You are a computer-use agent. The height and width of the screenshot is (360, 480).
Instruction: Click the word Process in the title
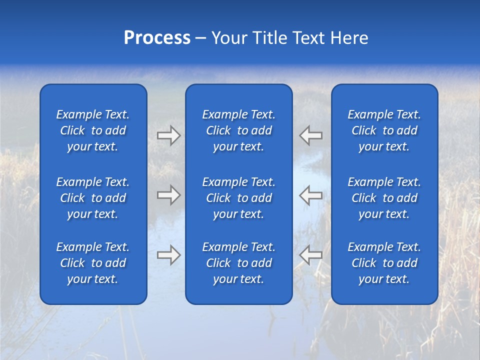pyautogui.click(x=157, y=38)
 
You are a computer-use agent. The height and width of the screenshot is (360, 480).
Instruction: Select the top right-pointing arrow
pyautogui.click(x=168, y=135)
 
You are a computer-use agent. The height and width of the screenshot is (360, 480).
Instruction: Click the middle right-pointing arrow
pyautogui.click(x=168, y=195)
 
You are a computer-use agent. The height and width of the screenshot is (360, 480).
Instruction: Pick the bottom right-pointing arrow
pyautogui.click(x=168, y=255)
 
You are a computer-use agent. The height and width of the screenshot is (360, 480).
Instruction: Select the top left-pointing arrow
pyautogui.click(x=311, y=135)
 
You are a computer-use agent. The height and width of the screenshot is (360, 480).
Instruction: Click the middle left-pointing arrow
pyautogui.click(x=311, y=195)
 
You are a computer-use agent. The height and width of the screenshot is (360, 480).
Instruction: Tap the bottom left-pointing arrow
pyautogui.click(x=311, y=255)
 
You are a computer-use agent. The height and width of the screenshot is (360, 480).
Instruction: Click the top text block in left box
pyautogui.click(x=93, y=130)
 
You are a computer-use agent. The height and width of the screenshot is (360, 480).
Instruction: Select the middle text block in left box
pyautogui.click(x=93, y=198)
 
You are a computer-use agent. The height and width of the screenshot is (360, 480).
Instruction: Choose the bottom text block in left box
pyautogui.click(x=93, y=263)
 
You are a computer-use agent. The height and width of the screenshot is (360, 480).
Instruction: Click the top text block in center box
pyautogui.click(x=239, y=130)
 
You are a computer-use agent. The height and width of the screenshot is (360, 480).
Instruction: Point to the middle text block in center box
pyautogui.click(x=239, y=198)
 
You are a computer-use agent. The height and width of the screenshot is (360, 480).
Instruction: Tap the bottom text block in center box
pyautogui.click(x=239, y=263)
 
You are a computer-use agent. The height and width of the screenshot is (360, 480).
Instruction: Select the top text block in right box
pyautogui.click(x=384, y=130)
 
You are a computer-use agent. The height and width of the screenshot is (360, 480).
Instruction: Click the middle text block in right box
pyautogui.click(x=384, y=198)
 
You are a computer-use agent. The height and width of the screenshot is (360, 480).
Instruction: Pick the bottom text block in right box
pyautogui.click(x=384, y=263)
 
